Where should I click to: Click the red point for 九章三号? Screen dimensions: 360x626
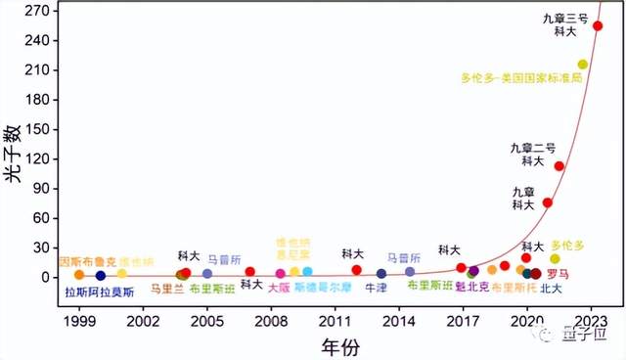pyautogui.click(x=598, y=26)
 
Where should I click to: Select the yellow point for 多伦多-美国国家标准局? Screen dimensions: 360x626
pyautogui.click(x=583, y=65)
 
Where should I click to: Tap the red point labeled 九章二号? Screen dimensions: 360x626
pyautogui.click(x=559, y=166)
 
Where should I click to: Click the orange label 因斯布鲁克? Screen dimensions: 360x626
pyautogui.click(x=88, y=262)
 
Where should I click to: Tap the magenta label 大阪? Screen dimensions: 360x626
pyautogui.click(x=279, y=289)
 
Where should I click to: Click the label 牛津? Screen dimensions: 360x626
pyautogui.click(x=376, y=289)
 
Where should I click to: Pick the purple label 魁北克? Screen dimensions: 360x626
pyautogui.click(x=472, y=288)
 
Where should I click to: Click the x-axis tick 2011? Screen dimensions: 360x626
pyautogui.click(x=335, y=320)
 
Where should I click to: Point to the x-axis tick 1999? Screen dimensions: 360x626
pyautogui.click(x=79, y=320)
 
